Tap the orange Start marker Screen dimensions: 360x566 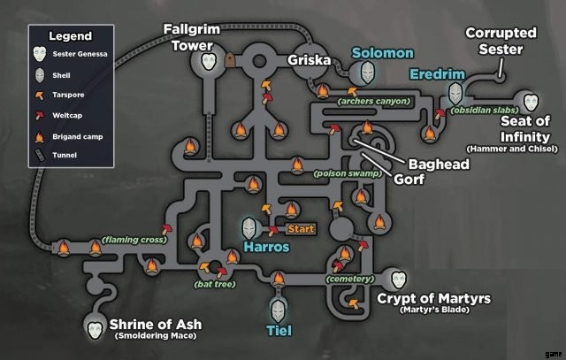(x=301, y=229)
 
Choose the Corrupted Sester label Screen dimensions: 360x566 (x=501, y=41)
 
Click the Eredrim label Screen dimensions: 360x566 (x=437, y=74)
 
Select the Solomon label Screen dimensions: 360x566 (x=382, y=54)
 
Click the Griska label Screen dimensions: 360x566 (x=309, y=61)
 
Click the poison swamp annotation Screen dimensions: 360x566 (x=348, y=174)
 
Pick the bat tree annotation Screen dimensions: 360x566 (x=216, y=284)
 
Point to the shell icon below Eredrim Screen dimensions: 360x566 (x=455, y=92)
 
